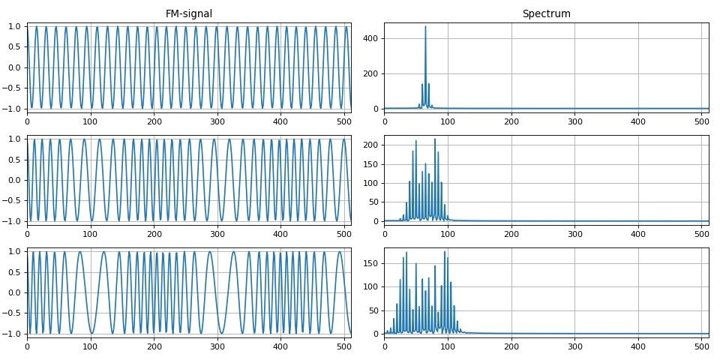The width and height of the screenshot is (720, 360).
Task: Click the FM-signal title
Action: [189, 13]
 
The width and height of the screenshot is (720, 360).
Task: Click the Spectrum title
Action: [546, 13]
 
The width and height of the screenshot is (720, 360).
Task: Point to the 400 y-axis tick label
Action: [371, 39]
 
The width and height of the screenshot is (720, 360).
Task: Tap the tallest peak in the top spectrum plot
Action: [425, 27]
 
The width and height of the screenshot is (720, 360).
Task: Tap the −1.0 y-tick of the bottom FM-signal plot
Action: [13, 334]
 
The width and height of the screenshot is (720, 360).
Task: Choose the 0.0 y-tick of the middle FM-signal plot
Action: [16, 180]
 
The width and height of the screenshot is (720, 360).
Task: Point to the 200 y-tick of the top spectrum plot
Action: [371, 73]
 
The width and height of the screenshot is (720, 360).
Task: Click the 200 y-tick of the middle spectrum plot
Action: [371, 145]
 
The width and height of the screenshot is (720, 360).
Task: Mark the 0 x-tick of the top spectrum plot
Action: [385, 120]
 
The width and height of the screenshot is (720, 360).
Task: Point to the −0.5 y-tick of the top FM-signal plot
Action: [13, 88]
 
